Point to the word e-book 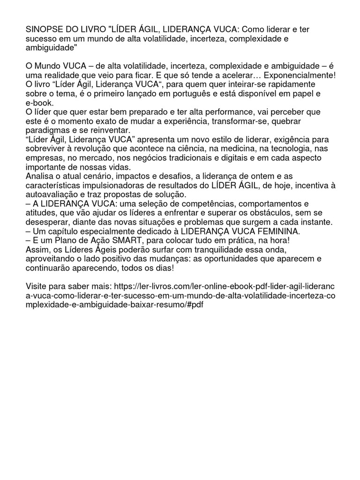click(40, 103)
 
